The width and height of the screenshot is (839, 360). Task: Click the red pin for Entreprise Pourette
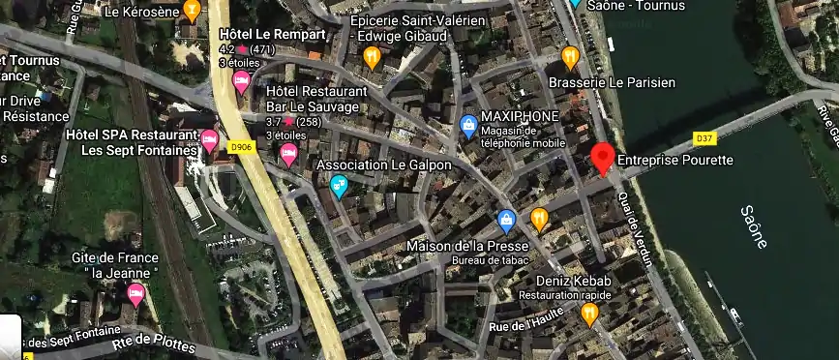tap(603, 157)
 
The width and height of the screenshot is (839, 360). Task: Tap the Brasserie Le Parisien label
tap(611, 83)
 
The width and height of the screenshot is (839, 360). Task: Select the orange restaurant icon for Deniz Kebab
tap(589, 313)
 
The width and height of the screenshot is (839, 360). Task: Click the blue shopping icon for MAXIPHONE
tap(468, 124)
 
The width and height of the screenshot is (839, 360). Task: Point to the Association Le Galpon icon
tap(339, 184)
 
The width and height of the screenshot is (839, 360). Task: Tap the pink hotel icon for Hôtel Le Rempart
tap(241, 80)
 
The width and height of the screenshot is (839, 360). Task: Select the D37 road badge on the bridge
tap(704, 138)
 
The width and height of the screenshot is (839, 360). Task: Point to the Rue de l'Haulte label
tap(525, 326)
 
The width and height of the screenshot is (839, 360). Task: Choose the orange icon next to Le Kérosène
tap(192, 12)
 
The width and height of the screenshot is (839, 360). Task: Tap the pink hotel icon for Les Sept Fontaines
tap(209, 140)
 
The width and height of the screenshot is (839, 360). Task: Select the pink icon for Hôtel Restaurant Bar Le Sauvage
tap(287, 153)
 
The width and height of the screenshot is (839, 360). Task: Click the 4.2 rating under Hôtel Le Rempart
tap(227, 49)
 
